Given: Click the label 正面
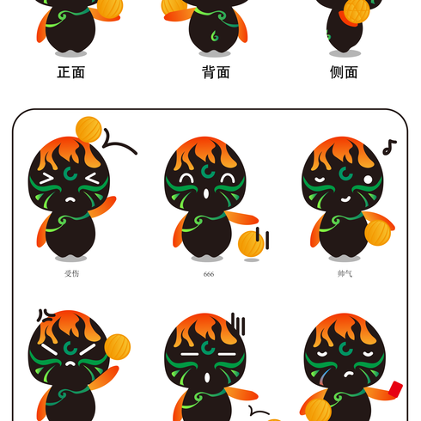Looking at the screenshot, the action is pyautogui.click(x=71, y=72).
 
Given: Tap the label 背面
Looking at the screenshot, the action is pyautogui.click(x=216, y=72).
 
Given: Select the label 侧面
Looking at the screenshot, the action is pyautogui.click(x=344, y=72).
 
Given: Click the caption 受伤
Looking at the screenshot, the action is pyautogui.click(x=71, y=274).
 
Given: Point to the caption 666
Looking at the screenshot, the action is pyautogui.click(x=209, y=274).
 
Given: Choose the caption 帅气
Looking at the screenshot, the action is pyautogui.click(x=345, y=274).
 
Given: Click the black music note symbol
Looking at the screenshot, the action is pyautogui.click(x=389, y=147).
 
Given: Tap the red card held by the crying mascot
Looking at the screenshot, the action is pyautogui.click(x=395, y=389).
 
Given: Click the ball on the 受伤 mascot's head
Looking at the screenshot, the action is pyautogui.click(x=88, y=130).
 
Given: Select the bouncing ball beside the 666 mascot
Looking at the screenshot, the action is pyautogui.click(x=251, y=244).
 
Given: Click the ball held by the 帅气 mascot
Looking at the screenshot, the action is pyautogui.click(x=378, y=233).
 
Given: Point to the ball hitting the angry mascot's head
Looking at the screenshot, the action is pyautogui.click(x=118, y=347).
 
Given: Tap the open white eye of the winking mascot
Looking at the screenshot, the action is pyautogui.click(x=368, y=180).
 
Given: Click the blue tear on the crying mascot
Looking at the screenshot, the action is pyautogui.click(x=323, y=376).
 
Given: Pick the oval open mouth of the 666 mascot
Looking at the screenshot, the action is pyautogui.click(x=206, y=193).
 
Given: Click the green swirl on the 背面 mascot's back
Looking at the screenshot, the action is pyautogui.click(x=215, y=35).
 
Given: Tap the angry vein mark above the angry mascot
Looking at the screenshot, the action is pyautogui.click(x=46, y=315).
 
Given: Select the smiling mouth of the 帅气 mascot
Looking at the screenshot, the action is pyautogui.click(x=345, y=198).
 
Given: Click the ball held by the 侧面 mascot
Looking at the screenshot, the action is pyautogui.click(x=357, y=11).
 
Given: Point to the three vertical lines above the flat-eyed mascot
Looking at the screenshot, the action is pyautogui.click(x=238, y=324).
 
